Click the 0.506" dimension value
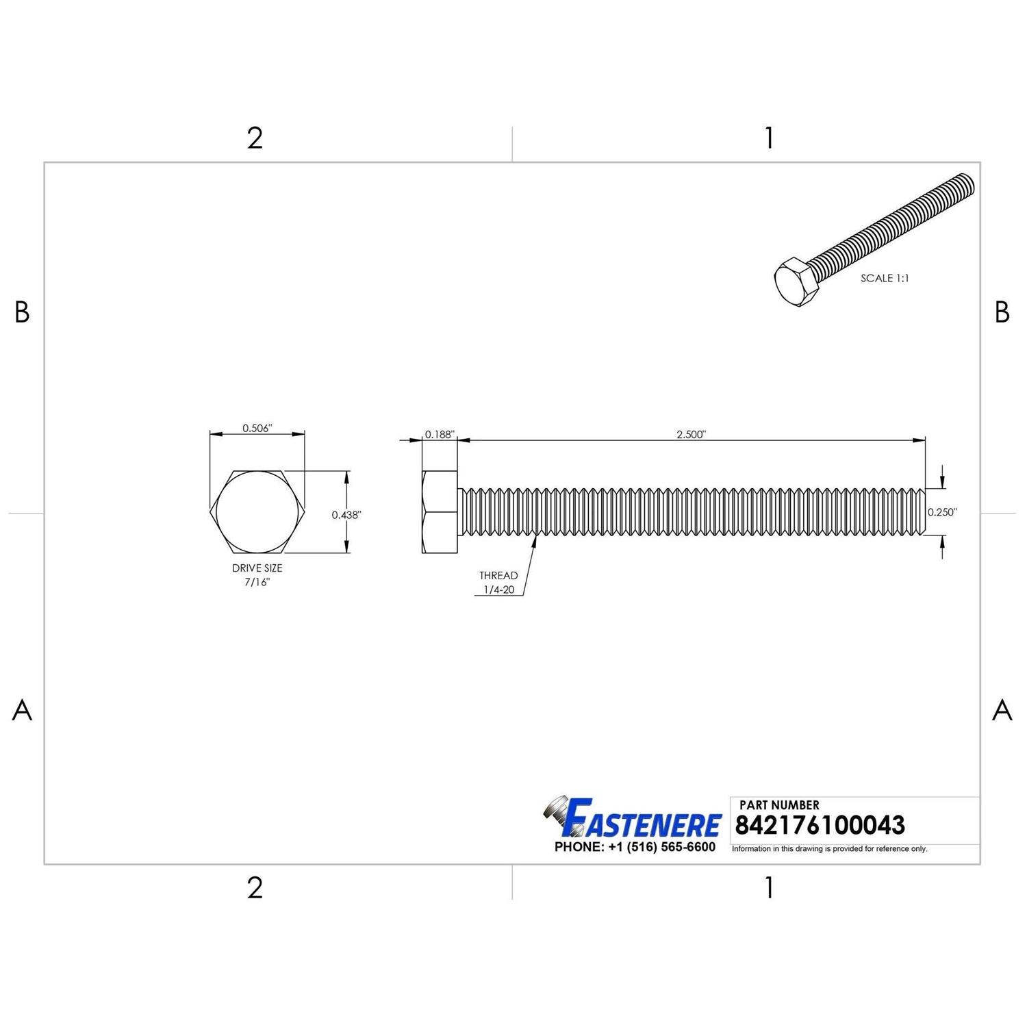click(x=257, y=428)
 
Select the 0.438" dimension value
click(x=346, y=515)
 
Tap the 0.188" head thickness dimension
click(x=440, y=434)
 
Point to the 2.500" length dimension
click(x=691, y=434)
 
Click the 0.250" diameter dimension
click(x=943, y=511)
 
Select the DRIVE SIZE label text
click(x=257, y=568)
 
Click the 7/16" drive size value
click(x=257, y=582)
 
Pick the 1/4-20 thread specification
click(x=498, y=589)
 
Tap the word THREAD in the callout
click(x=498, y=575)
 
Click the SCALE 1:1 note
click(x=885, y=278)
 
